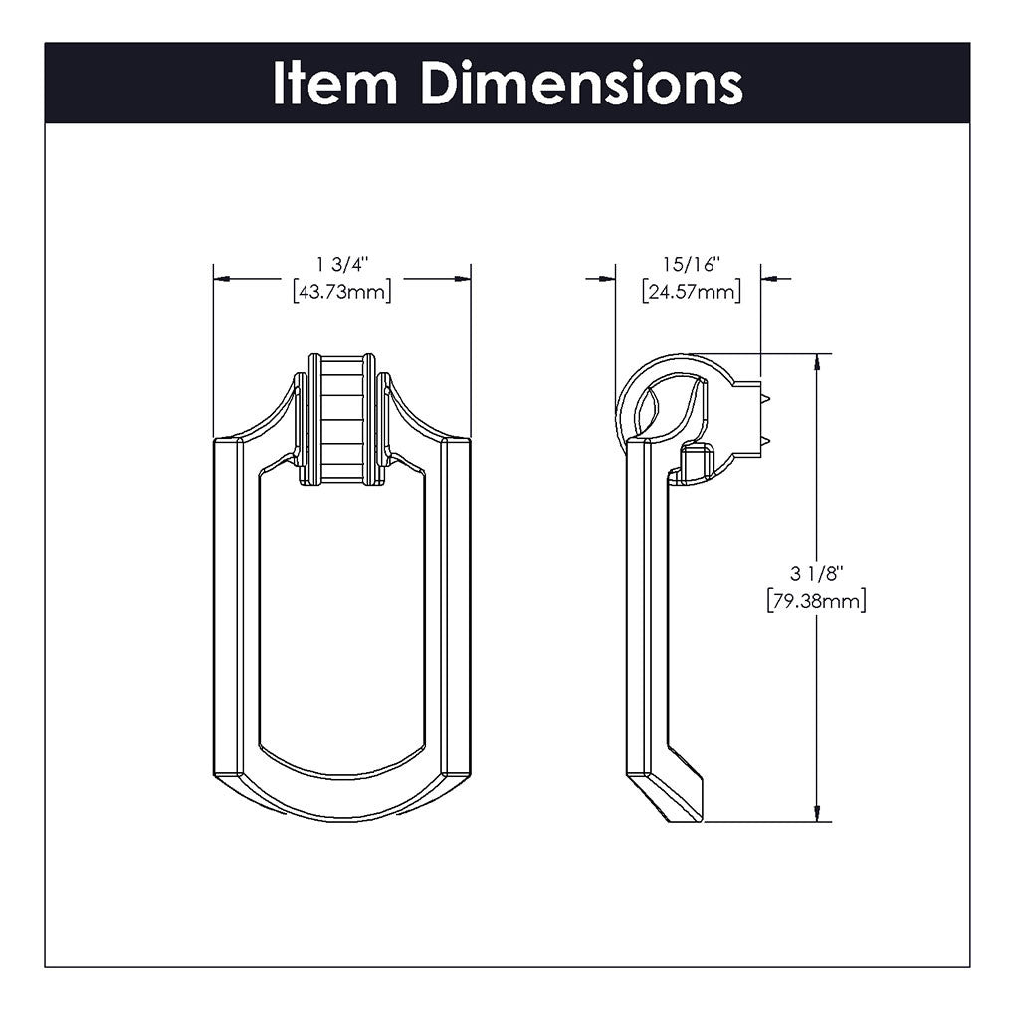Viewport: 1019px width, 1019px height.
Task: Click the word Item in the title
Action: tap(334, 84)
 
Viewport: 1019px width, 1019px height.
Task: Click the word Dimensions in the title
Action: tap(581, 84)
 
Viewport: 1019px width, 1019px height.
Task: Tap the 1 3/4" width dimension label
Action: tap(342, 265)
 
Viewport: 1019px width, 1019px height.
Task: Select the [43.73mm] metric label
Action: tap(342, 291)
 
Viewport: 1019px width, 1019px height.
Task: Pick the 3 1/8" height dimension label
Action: tap(816, 574)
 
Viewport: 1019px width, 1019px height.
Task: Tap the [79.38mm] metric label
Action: tap(816, 600)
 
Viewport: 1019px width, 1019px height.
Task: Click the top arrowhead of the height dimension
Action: tap(817, 360)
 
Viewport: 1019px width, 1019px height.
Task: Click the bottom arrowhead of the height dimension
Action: tap(817, 814)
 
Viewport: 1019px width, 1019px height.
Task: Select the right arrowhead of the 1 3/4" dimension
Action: tap(464, 279)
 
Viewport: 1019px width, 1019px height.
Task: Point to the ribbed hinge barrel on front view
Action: tap(342, 418)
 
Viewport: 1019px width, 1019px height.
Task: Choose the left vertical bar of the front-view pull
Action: tap(236, 607)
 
